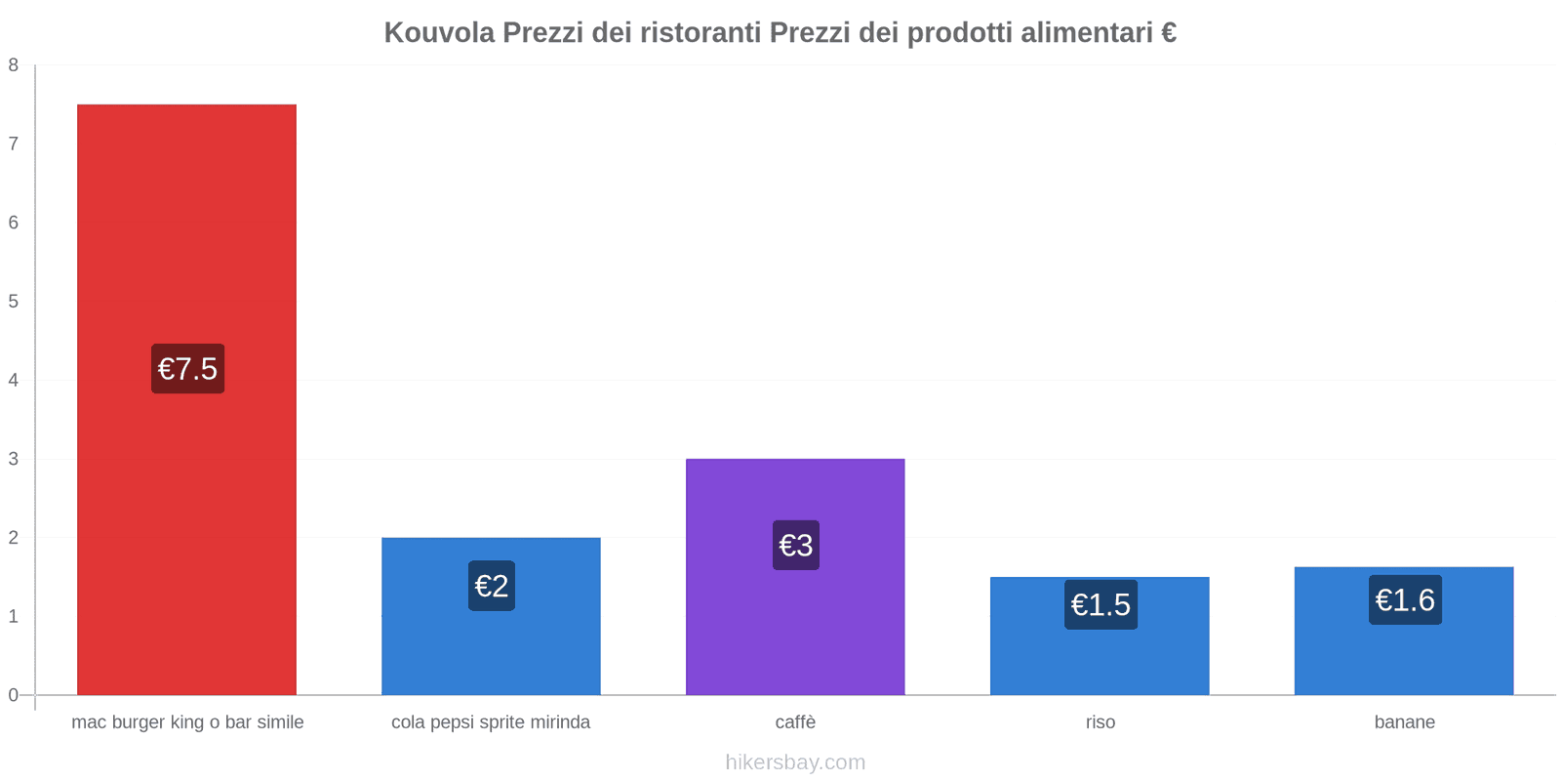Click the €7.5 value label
tap(187, 369)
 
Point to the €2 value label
tap(492, 586)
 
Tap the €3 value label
tap(796, 545)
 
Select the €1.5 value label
tap(1101, 604)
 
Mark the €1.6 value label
tap(1405, 599)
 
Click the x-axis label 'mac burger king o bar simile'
tap(187, 722)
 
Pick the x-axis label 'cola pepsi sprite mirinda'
tap(491, 722)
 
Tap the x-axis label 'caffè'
tap(795, 722)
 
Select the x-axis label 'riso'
tap(1101, 722)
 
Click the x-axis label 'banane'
tap(1404, 722)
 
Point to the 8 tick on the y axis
tap(14, 65)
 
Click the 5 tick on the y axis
tap(14, 302)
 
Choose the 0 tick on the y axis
tap(14, 695)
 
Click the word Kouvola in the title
tap(438, 33)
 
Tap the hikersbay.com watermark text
tap(795, 762)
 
